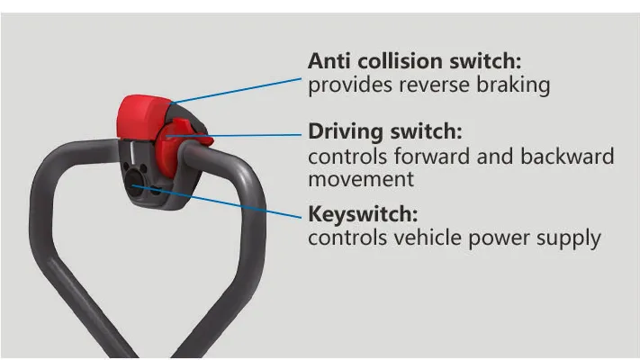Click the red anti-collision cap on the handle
click(143, 116)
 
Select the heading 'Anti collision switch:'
click(415, 61)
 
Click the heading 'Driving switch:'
click(385, 131)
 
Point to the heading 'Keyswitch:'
click(364, 214)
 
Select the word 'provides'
click(350, 85)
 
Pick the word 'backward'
click(567, 157)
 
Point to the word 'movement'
click(361, 180)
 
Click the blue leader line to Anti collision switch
click(237, 91)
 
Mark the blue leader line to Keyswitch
click(217, 202)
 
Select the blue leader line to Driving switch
click(234, 135)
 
